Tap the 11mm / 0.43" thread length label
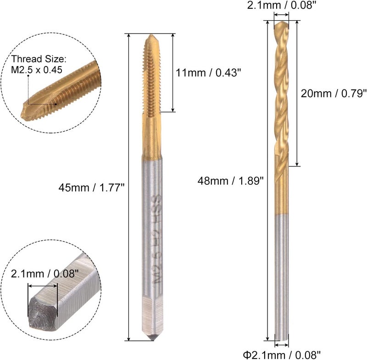[x=208, y=72]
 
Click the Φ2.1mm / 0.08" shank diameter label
[x=281, y=353]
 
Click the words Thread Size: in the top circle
[x=39, y=59]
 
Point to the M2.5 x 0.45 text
[x=37, y=70]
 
